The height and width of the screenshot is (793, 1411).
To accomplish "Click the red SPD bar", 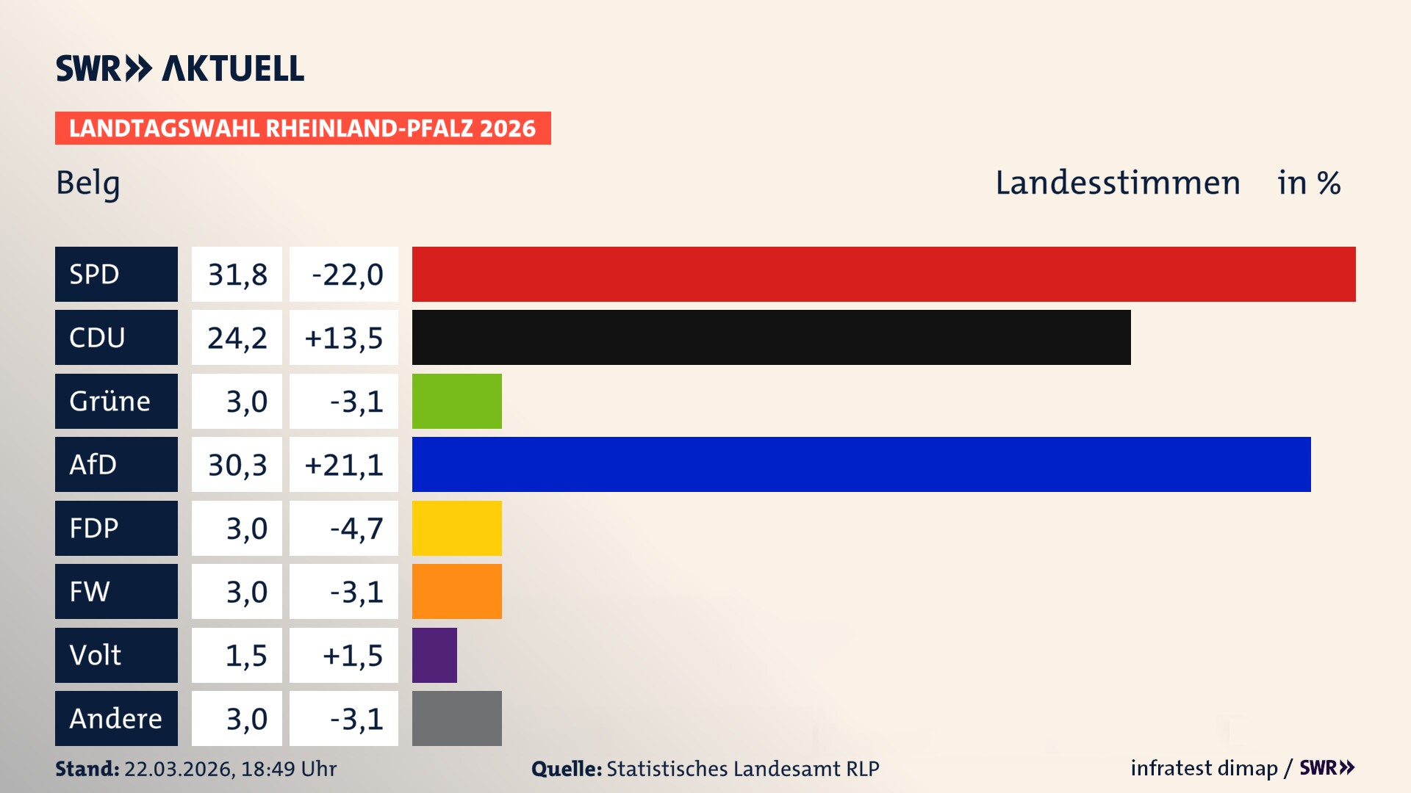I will [883, 274].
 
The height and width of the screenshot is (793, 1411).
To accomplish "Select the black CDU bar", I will [771, 337].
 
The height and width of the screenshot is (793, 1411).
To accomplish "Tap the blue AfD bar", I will [861, 464].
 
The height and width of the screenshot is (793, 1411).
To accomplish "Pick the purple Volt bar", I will [434, 655].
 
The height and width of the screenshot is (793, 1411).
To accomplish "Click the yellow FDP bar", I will [456, 528].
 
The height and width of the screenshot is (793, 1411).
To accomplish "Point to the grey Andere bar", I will [456, 718].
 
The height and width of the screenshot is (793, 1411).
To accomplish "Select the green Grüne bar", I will [456, 401].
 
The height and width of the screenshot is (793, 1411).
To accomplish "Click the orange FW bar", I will [456, 591].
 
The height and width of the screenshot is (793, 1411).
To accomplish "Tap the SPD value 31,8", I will [237, 275].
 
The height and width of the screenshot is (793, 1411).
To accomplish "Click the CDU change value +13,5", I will [344, 338].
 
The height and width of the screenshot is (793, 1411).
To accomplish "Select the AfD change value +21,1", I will [344, 465].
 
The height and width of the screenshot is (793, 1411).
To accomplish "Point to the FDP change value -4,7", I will [356, 529].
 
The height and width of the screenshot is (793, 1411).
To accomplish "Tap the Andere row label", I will [116, 718].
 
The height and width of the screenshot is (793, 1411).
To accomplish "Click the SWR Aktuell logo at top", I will [179, 68].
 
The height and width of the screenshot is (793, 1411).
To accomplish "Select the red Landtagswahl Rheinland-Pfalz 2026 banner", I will [303, 128].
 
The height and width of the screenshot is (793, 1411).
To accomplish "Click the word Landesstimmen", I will [1117, 183].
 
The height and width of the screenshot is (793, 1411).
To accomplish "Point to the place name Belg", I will [88, 183].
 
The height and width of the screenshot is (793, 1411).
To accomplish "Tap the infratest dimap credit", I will [1204, 768].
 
